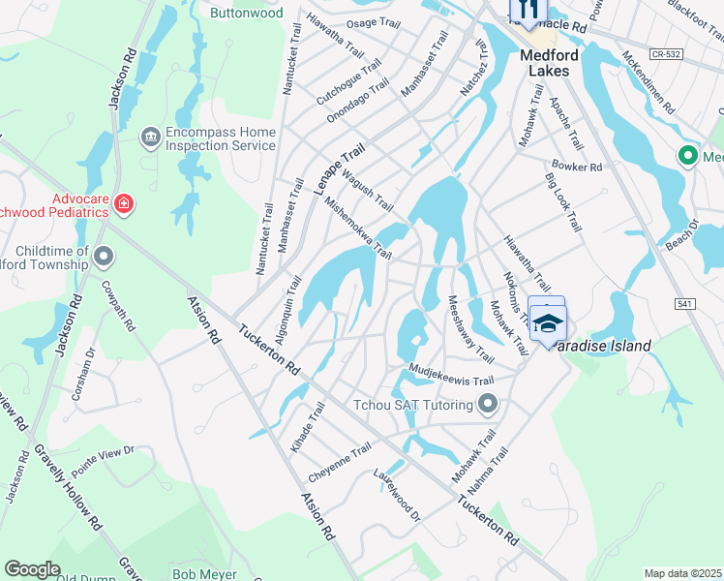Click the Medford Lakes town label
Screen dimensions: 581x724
(549, 64)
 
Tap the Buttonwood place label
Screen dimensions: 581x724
(247, 14)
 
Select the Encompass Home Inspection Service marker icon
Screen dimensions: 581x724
(150, 136)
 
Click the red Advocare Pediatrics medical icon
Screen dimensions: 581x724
(124, 204)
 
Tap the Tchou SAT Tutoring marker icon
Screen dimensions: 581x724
(488, 404)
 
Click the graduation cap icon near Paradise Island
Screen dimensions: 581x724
(548, 323)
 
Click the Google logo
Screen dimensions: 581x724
(32, 569)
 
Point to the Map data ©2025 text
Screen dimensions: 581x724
(682, 573)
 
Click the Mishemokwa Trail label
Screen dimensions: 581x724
(358, 229)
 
